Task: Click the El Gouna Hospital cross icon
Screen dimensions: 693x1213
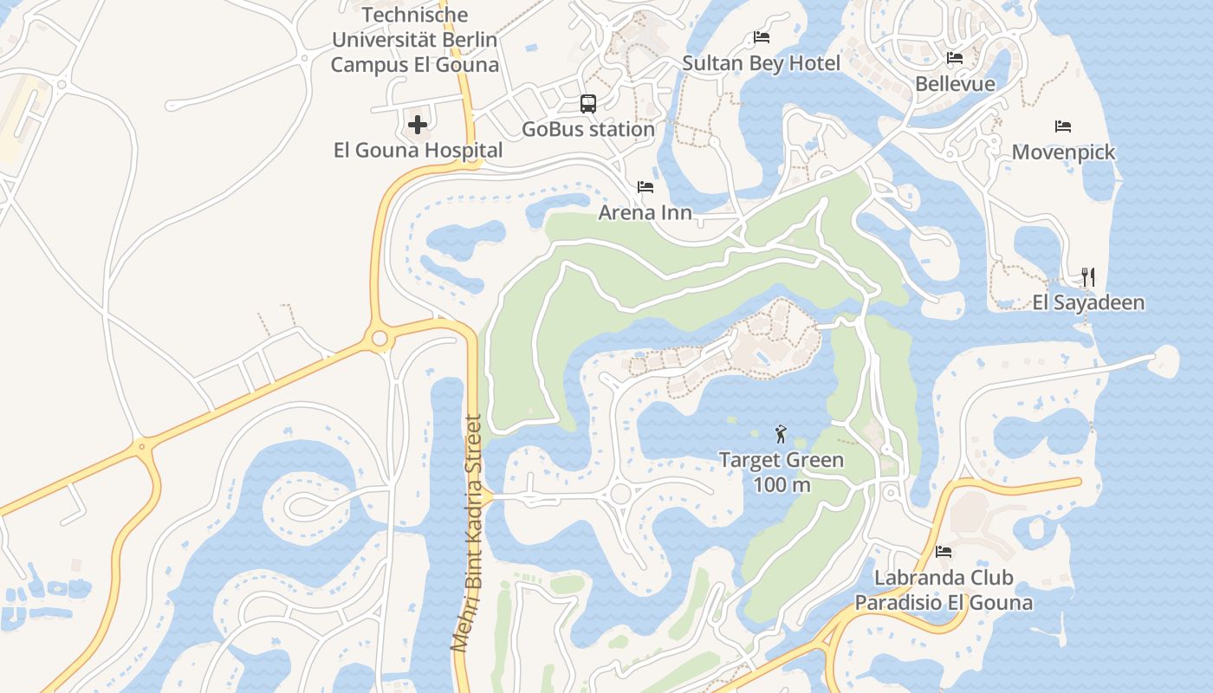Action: [x=418, y=125]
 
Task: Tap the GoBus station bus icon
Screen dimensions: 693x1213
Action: [x=588, y=104]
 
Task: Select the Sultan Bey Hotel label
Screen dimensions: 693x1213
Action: [x=761, y=63]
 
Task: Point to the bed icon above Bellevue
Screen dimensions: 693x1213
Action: [x=955, y=58]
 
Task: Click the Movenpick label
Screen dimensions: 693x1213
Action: [x=1063, y=152]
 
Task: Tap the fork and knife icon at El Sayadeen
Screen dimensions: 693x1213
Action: [x=1088, y=277]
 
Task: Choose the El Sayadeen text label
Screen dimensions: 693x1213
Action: [x=1088, y=302]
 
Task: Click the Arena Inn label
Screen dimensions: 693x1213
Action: [x=645, y=212]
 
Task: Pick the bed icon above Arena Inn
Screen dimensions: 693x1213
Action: [x=645, y=186]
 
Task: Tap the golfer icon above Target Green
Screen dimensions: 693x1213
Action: [x=781, y=434]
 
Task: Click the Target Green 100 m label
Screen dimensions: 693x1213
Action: [x=781, y=472]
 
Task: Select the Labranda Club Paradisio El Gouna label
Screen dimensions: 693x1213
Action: [x=944, y=590]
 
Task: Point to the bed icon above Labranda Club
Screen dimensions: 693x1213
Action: [x=944, y=551]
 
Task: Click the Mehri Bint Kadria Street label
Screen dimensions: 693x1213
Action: [x=467, y=534]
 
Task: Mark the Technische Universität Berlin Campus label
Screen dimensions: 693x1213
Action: [x=415, y=40]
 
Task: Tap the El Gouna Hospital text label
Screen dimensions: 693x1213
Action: [x=418, y=150]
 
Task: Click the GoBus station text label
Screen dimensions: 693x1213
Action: [x=588, y=129]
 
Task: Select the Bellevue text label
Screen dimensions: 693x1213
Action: [x=955, y=84]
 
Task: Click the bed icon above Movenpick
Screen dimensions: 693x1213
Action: [x=1063, y=126]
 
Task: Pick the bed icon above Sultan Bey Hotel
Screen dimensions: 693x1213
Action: [x=762, y=37]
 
